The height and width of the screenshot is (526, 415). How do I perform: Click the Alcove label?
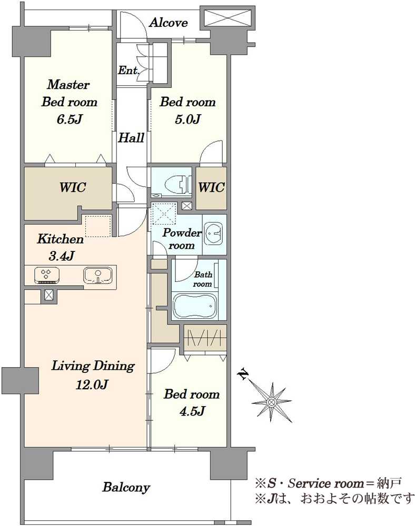pos(168,23)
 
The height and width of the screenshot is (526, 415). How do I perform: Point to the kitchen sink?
pos(98,276)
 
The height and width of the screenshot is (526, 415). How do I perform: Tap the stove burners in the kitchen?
pos(47,276)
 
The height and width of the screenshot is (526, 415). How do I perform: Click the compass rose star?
pos(271,401)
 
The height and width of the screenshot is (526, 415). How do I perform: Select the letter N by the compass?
pos(243,374)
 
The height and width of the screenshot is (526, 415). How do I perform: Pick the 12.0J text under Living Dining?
pos(92,384)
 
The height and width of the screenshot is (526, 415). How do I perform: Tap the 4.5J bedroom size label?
pos(192,411)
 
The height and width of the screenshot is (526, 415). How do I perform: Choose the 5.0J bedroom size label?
pos(187,119)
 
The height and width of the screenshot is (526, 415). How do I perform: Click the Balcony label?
pos(126,487)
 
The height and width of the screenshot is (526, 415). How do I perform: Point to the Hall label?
pos(131,137)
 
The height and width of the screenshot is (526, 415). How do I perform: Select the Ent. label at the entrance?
pos(129,70)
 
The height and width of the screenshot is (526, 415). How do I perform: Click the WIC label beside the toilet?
pos(211,187)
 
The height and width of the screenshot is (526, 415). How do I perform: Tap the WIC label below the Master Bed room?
pos(73,187)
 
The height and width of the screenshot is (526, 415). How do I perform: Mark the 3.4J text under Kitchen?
pos(62,256)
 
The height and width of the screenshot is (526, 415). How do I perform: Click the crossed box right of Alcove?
pos(228,18)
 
